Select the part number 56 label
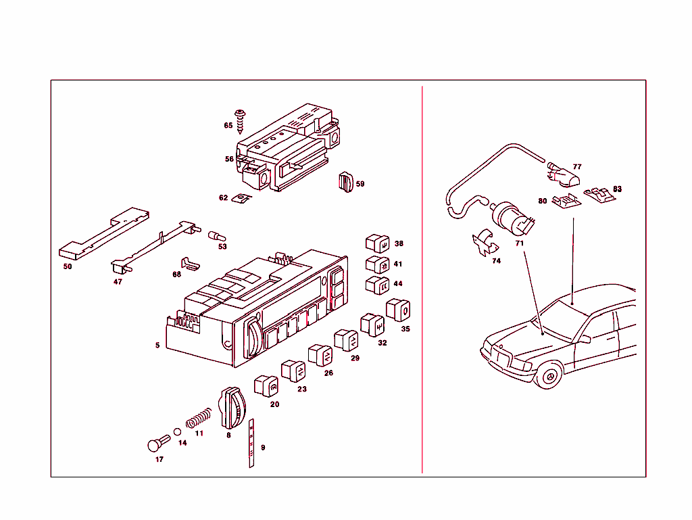coord(229,160)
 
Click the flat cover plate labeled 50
coord(101,234)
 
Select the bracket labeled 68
coord(189,263)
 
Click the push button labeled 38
coord(376,243)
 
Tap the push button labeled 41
coord(376,264)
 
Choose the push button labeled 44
coord(376,284)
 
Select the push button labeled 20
coord(265,385)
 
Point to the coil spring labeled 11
coord(199,418)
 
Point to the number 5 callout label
coord(157,345)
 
